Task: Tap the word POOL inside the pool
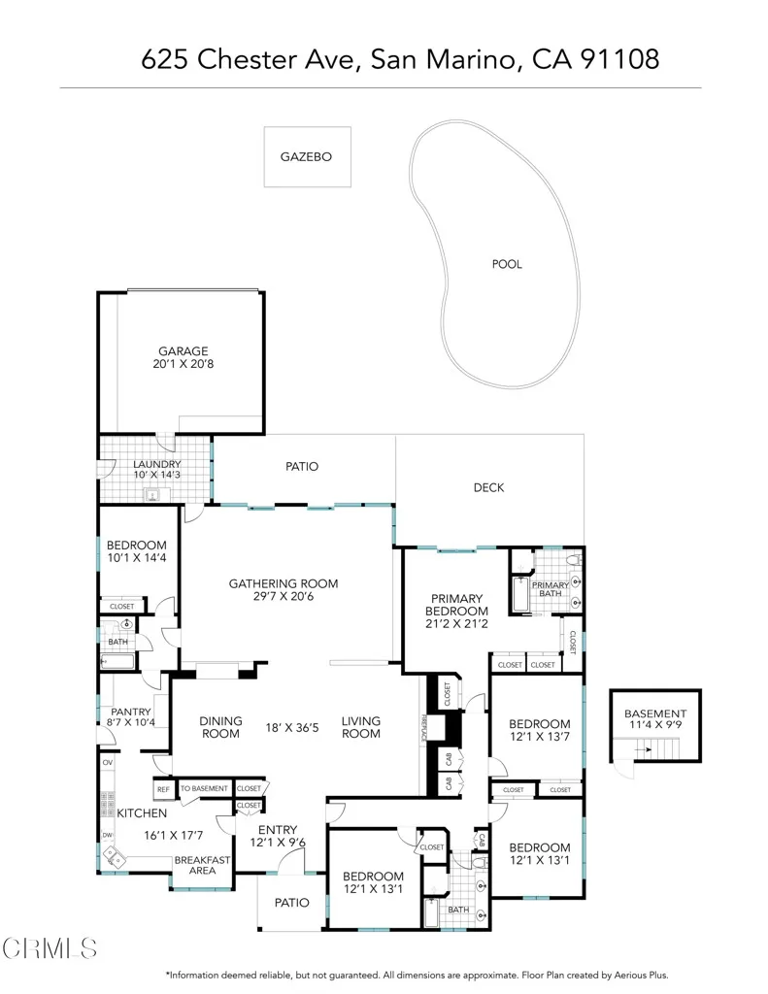tap(507, 264)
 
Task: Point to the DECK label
tap(488, 487)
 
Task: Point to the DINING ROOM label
tap(219, 727)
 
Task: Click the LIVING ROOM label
tap(360, 727)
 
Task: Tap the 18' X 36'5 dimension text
tap(292, 727)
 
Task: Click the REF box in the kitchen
tap(163, 789)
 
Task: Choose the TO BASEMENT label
tap(204, 789)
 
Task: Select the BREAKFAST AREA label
tap(202, 865)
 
